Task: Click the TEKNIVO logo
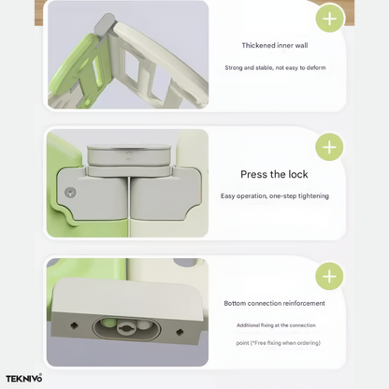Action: [x=23, y=379]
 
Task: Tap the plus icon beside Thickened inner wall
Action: [x=330, y=19]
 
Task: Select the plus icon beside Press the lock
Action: [x=329, y=147]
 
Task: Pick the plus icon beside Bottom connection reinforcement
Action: [x=329, y=276]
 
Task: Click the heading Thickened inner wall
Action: [x=275, y=46]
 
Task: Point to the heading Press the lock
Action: [x=274, y=174]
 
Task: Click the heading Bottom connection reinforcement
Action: [x=274, y=303]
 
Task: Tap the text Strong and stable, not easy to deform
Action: [x=275, y=67]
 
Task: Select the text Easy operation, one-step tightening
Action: [x=275, y=196]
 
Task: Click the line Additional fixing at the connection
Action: [x=276, y=325]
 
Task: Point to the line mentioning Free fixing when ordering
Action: [x=278, y=343]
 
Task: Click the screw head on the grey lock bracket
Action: [x=70, y=193]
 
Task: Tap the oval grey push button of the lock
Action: [x=129, y=154]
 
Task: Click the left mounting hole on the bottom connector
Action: [x=74, y=325]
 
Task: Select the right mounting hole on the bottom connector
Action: [x=180, y=332]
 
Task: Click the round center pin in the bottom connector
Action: [x=126, y=328]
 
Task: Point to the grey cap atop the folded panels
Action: [x=105, y=24]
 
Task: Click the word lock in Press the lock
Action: [x=298, y=174]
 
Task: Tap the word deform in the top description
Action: [x=316, y=67]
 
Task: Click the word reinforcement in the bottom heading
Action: [x=303, y=303]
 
